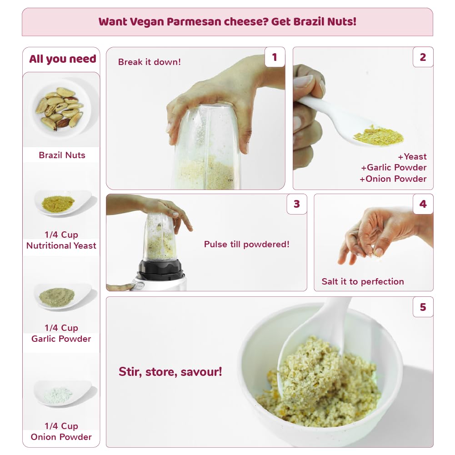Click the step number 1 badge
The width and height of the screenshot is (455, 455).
(275, 57)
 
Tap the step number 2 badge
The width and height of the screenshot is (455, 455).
(423, 57)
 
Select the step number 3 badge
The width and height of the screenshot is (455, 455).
(296, 204)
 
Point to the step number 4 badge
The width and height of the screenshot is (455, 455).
(423, 204)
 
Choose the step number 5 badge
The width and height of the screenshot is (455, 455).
(423, 307)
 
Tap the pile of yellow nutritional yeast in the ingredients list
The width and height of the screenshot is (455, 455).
(58, 204)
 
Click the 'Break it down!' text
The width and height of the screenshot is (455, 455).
(150, 62)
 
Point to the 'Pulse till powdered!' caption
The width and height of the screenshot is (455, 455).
(247, 245)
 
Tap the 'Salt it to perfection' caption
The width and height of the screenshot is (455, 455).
(363, 281)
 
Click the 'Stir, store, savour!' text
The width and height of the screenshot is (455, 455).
(170, 372)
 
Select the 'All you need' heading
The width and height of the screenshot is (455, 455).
(63, 59)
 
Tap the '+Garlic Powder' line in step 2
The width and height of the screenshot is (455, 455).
(394, 167)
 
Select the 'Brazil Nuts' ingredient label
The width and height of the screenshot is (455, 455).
(62, 155)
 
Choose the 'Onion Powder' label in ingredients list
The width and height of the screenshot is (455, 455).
(61, 437)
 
